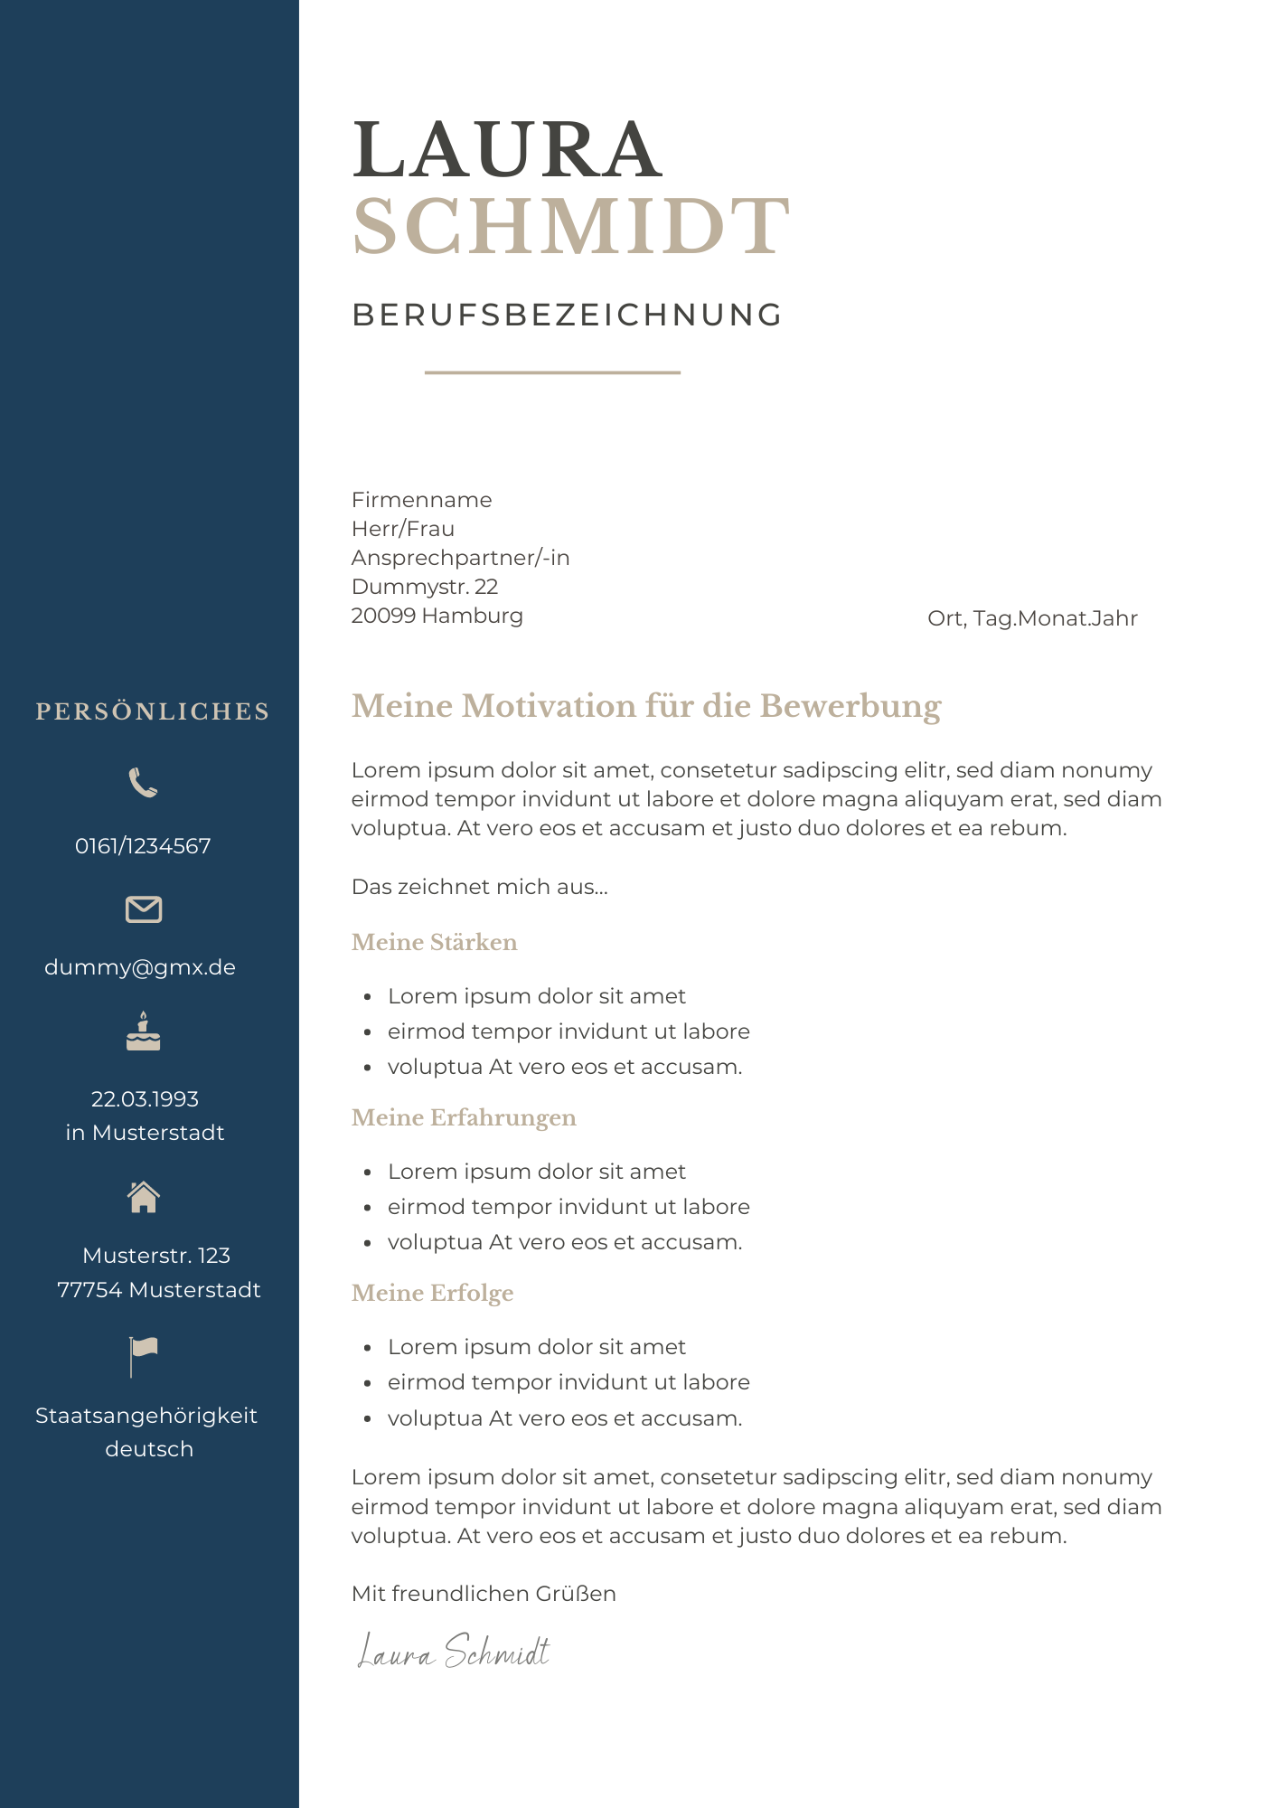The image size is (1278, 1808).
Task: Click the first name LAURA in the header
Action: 507,150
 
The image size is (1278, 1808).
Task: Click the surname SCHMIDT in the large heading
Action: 571,226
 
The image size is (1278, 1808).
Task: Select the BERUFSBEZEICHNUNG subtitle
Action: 567,315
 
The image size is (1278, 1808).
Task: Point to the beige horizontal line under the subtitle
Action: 552,372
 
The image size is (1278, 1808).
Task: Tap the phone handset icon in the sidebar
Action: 143,783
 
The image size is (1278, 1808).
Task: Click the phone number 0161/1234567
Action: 143,846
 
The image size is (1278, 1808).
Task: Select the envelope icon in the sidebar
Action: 144,909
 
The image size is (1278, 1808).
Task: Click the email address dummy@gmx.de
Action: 140,967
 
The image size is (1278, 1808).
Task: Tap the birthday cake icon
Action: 143,1032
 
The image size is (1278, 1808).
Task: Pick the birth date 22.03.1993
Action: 145,1099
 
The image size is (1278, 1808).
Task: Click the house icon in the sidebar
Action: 144,1197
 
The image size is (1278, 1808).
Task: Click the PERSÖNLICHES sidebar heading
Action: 152,711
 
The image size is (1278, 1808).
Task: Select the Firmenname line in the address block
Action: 421,500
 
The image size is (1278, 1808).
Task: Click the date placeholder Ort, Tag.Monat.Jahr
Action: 1032,618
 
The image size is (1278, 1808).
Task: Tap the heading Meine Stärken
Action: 434,942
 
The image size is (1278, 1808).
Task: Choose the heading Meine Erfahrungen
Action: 463,1117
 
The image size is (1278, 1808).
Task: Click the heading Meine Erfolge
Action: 432,1293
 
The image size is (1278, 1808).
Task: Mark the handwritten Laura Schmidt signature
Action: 454,1652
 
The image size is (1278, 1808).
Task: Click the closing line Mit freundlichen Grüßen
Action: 484,1594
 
